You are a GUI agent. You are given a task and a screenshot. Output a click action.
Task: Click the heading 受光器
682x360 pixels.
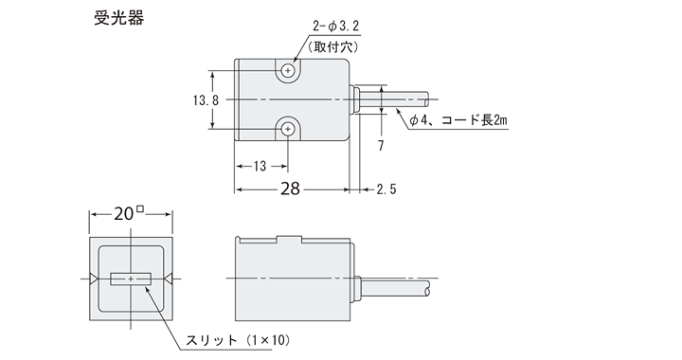[118, 18]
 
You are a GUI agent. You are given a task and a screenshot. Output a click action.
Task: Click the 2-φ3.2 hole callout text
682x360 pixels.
[335, 27]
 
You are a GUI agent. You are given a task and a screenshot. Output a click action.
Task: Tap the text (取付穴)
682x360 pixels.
[333, 46]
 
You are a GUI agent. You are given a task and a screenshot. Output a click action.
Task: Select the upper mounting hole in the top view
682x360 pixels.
[288, 70]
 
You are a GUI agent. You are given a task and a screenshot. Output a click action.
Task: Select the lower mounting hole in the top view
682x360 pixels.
[288, 129]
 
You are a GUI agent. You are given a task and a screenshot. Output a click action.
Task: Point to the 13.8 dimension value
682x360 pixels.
[206, 100]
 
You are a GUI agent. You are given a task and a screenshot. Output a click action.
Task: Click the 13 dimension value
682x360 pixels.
[260, 166]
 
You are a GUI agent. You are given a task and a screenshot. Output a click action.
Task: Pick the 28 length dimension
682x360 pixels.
[290, 189]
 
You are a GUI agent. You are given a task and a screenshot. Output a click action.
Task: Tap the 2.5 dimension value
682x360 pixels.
[386, 189]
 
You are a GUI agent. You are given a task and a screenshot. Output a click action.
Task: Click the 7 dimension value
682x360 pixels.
[381, 146]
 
